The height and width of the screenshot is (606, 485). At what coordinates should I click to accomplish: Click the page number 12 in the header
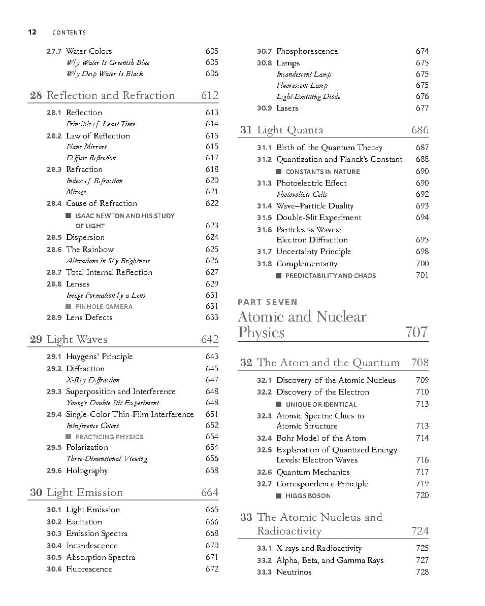(32, 32)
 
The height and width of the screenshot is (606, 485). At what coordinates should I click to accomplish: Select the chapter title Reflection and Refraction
(110, 95)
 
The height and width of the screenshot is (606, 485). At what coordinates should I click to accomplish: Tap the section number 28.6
(54, 249)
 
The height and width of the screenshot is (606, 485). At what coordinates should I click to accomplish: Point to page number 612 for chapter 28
(210, 95)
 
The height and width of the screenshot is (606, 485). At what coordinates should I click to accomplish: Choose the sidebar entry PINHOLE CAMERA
(104, 306)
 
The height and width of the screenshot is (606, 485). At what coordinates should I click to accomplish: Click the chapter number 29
(36, 339)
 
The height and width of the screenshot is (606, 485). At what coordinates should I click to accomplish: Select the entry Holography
(87, 471)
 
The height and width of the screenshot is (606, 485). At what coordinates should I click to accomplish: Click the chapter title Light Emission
(85, 492)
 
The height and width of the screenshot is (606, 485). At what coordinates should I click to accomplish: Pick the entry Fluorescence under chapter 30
(89, 569)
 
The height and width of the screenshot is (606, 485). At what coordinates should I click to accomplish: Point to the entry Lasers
(287, 108)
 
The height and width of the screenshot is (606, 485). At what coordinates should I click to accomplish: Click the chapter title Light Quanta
(290, 130)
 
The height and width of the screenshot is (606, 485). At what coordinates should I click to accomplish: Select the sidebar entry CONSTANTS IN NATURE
(322, 171)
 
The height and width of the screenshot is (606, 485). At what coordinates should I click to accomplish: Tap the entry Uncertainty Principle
(314, 252)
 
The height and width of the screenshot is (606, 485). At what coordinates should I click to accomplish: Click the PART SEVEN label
(268, 302)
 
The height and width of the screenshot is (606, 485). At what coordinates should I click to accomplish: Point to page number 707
(416, 332)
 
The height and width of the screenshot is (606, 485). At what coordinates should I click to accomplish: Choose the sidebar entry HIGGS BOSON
(308, 495)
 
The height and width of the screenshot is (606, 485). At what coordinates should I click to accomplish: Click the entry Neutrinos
(294, 572)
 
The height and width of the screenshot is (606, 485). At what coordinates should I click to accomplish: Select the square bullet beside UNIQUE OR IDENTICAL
(279, 404)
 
